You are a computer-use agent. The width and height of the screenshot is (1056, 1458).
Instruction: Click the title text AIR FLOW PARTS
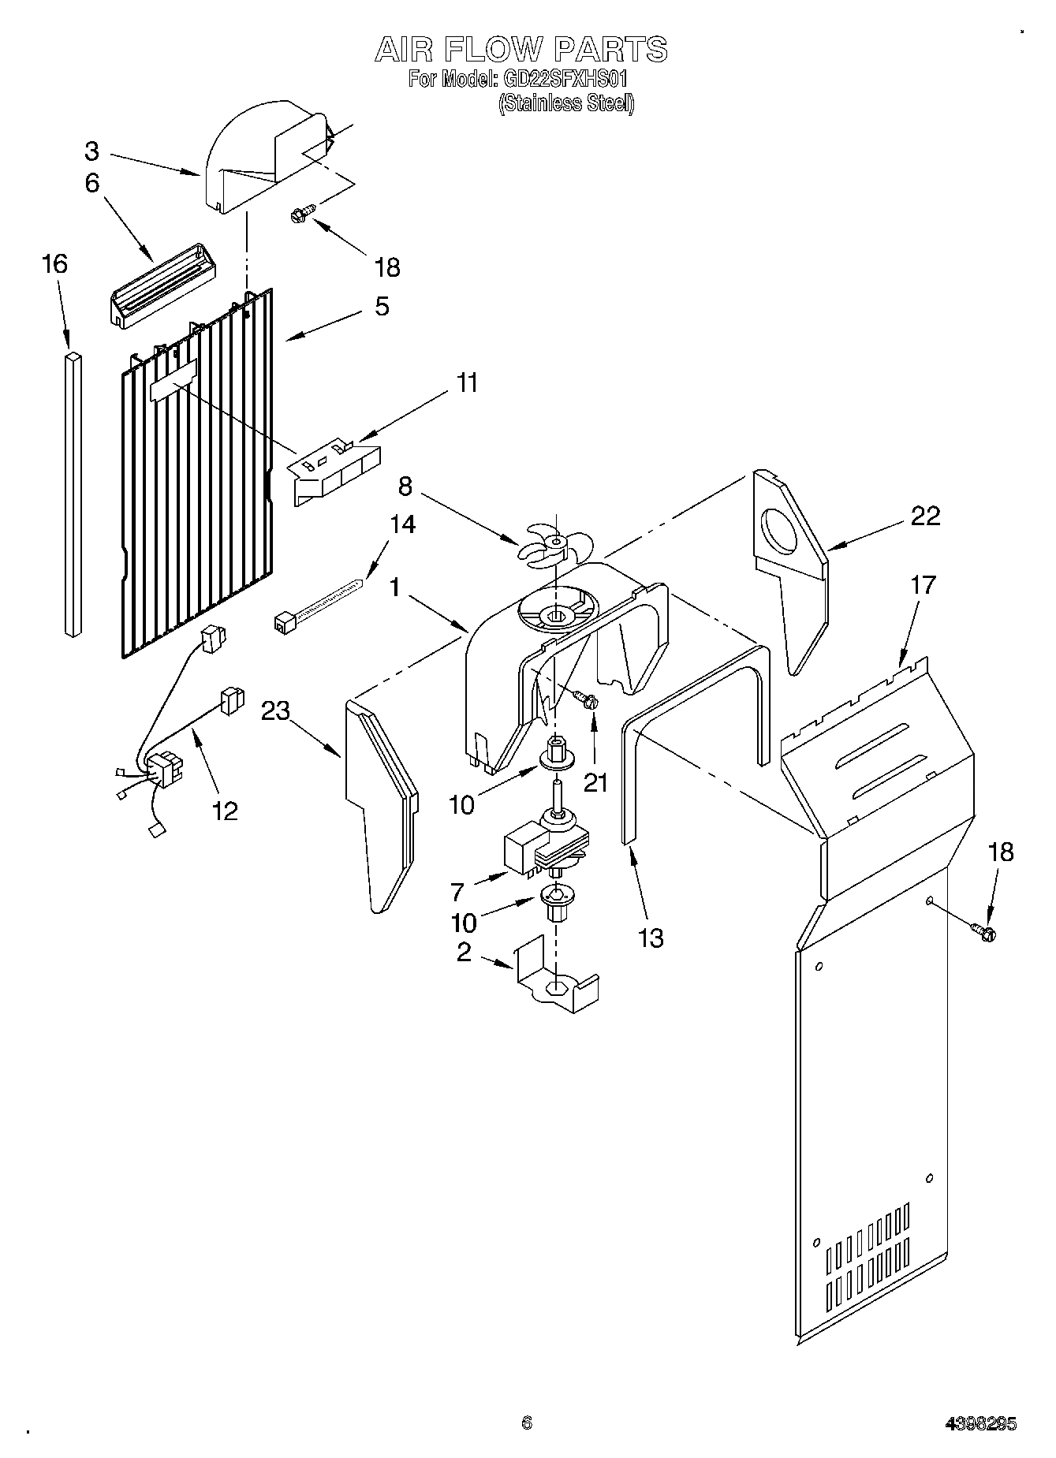(521, 49)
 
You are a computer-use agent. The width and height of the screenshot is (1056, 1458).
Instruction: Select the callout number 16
(54, 263)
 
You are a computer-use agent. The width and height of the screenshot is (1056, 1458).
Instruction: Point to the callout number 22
(925, 516)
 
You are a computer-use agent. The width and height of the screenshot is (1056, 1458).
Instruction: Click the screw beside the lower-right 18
(985, 932)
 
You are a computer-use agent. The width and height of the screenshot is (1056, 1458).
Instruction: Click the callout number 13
(651, 938)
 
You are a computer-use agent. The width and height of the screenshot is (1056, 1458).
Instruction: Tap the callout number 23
(276, 710)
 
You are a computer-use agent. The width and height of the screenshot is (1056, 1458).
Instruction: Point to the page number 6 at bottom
(527, 1423)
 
